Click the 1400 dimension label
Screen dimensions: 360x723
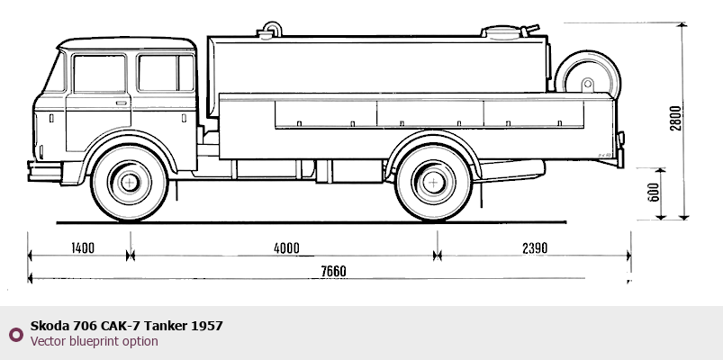click(80, 248)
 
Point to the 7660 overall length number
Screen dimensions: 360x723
click(331, 271)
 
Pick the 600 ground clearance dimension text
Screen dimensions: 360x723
click(655, 192)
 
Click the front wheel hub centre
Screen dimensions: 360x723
click(131, 184)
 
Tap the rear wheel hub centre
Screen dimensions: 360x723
click(434, 184)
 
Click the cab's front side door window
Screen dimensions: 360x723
click(100, 73)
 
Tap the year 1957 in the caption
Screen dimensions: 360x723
click(207, 325)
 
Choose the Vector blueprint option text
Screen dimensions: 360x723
click(94, 341)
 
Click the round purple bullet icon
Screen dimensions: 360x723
click(15, 334)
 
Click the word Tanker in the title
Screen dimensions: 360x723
click(166, 325)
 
